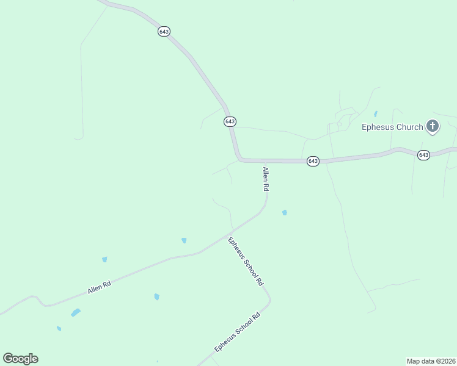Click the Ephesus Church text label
pyautogui.click(x=392, y=127)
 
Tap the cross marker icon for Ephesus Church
pyautogui.click(x=433, y=127)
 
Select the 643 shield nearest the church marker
pyautogui.click(x=423, y=155)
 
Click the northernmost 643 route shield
pyautogui.click(x=163, y=31)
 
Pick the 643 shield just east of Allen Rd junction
pyautogui.click(x=313, y=161)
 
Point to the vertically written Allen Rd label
pyautogui.click(x=266, y=180)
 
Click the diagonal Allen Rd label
pyautogui.click(x=99, y=287)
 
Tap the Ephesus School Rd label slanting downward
pyautogui.click(x=245, y=261)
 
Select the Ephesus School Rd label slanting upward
pyautogui.click(x=238, y=332)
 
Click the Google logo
pyautogui.click(x=20, y=359)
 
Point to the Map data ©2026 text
pyautogui.click(x=431, y=361)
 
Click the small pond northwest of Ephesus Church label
pyautogui.click(x=375, y=113)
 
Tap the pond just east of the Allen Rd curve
pyautogui.click(x=285, y=213)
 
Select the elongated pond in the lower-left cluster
pyautogui.click(x=75, y=313)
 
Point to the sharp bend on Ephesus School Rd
pyautogui.click(x=269, y=300)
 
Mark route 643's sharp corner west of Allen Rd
pyautogui.click(x=239, y=158)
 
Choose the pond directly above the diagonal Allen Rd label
pyautogui.click(x=104, y=259)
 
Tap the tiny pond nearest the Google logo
pyautogui.click(x=59, y=329)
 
